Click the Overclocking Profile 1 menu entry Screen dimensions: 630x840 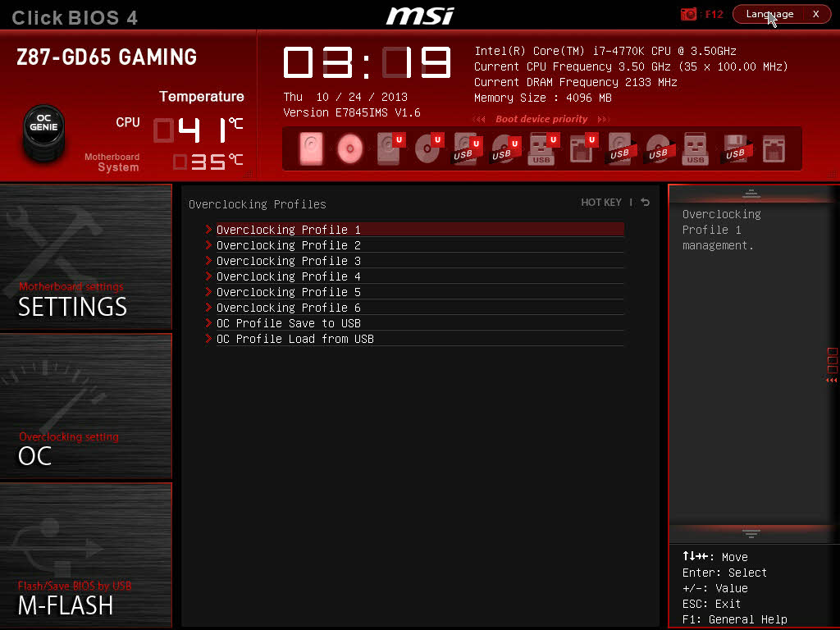(288, 230)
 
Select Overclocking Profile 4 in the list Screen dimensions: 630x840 (288, 276)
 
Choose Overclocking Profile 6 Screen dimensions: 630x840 (288, 308)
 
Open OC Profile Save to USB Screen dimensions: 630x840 (288, 323)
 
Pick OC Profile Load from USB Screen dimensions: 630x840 (294, 339)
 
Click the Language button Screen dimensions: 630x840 (769, 14)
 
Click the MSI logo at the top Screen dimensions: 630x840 (420, 15)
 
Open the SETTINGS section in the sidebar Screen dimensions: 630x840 (72, 306)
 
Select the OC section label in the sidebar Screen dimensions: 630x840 (35, 456)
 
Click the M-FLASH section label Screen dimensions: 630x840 (66, 605)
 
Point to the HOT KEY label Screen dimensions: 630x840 (601, 203)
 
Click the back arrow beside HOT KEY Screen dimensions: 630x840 (646, 203)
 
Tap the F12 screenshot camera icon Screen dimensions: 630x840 (688, 14)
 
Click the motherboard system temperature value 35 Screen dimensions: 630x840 (208, 162)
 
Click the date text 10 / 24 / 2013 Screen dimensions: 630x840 (362, 97)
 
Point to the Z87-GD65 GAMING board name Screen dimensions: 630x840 (107, 57)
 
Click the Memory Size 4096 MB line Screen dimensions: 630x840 (543, 98)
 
